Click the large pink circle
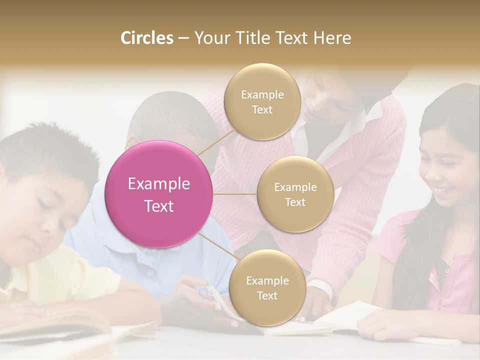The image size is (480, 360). (159, 194)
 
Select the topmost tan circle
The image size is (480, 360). (262, 101)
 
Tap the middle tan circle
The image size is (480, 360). (295, 194)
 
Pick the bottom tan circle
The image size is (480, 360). (267, 287)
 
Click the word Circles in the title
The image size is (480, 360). (147, 38)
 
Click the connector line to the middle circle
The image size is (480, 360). (235, 194)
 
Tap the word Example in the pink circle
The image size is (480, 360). (159, 184)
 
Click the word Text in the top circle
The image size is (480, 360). (262, 109)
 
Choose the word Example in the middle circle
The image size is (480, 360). (295, 187)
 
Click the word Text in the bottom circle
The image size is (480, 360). (267, 295)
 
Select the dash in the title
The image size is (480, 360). (183, 38)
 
